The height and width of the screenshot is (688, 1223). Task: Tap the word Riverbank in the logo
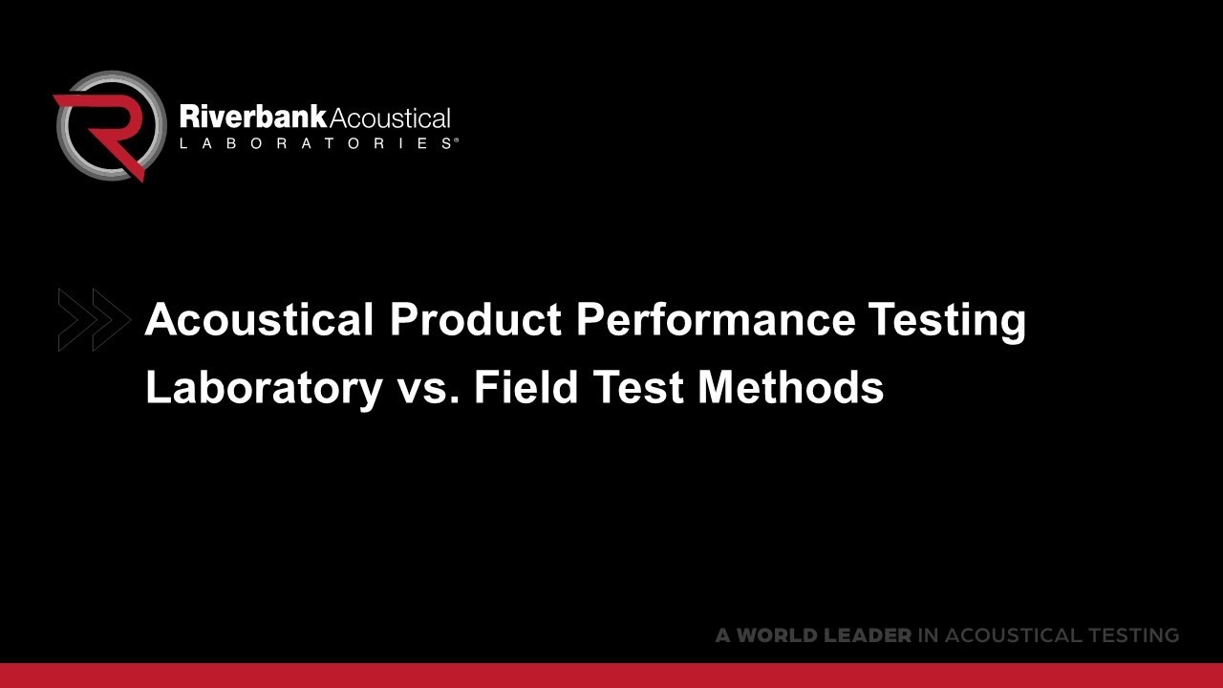pyautogui.click(x=252, y=118)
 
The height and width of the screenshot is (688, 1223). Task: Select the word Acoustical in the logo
pyautogui.click(x=389, y=118)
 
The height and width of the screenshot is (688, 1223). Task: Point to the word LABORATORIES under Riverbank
pyautogui.click(x=314, y=143)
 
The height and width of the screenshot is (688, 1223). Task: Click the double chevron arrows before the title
pyautogui.click(x=93, y=318)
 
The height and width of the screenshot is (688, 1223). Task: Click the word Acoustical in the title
pyautogui.click(x=259, y=319)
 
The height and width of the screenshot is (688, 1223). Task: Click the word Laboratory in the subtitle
pyautogui.click(x=263, y=388)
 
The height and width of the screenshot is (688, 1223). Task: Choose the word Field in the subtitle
pyautogui.click(x=526, y=386)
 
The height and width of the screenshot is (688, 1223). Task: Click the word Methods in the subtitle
pyautogui.click(x=790, y=386)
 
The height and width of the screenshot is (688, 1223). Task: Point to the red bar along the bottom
pyautogui.click(x=611, y=675)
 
